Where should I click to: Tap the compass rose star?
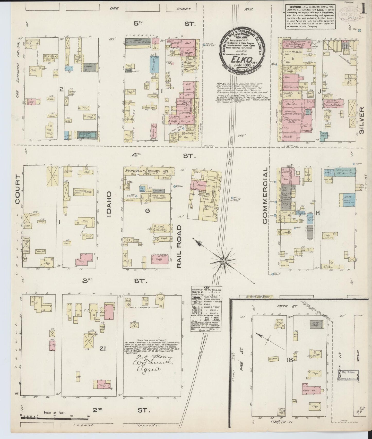coord(224,261)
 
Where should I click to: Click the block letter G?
coord(148,211)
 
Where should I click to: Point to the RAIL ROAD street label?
coord(180,246)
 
